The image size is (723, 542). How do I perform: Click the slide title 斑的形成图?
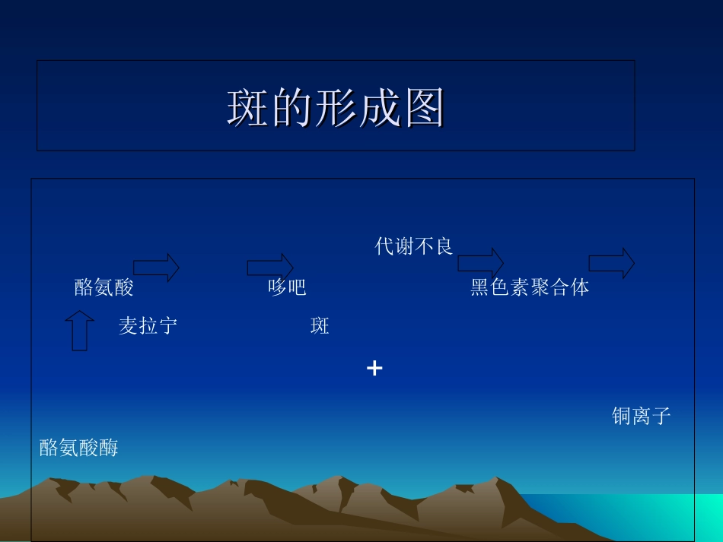tap(336, 108)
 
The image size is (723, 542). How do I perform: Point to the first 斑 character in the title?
tap(248, 108)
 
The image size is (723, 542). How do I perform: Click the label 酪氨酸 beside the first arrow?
tap(104, 287)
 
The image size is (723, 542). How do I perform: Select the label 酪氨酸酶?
tap(79, 448)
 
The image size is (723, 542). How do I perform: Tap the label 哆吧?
tap(287, 287)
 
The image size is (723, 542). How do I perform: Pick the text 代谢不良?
tap(414, 246)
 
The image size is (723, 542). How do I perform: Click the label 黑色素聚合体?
tap(530, 287)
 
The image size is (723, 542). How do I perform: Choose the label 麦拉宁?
tap(148, 327)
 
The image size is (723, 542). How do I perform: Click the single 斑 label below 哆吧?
tap(320, 327)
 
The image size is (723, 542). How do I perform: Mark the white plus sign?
tap(374, 369)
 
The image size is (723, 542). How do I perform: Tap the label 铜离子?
tap(642, 416)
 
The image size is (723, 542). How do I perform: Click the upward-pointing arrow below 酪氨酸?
tap(79, 330)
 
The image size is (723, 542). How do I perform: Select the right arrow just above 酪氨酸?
tap(157, 267)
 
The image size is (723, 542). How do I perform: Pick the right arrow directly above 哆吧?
tap(270, 267)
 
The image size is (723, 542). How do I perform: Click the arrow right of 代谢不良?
tap(480, 263)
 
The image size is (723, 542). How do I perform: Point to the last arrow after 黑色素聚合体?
tap(612, 263)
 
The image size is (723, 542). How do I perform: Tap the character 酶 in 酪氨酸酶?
tap(109, 448)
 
